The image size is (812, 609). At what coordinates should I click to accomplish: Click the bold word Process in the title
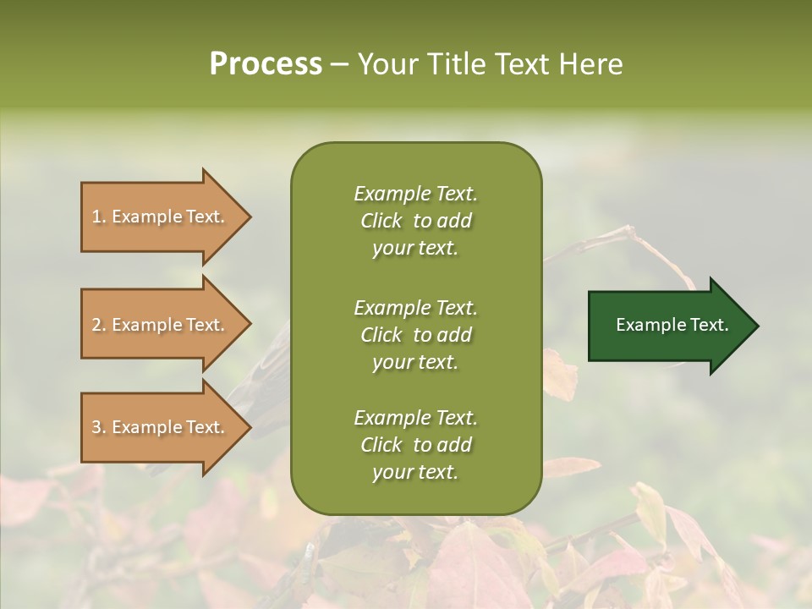pos(266,64)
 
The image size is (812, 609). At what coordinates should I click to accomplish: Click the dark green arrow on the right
pos(668,326)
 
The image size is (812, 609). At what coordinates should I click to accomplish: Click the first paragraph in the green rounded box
pos(415,221)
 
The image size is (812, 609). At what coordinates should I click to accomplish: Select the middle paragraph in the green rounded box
pos(415,334)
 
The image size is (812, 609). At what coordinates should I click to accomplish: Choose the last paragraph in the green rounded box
pos(415,445)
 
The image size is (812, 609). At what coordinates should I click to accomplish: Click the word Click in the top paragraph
pos(381,221)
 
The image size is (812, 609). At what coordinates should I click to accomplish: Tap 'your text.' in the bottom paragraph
pos(415,472)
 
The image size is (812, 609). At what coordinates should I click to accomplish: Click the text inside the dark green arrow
pos(672,325)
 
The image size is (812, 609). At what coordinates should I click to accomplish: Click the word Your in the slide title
pos(387,64)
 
